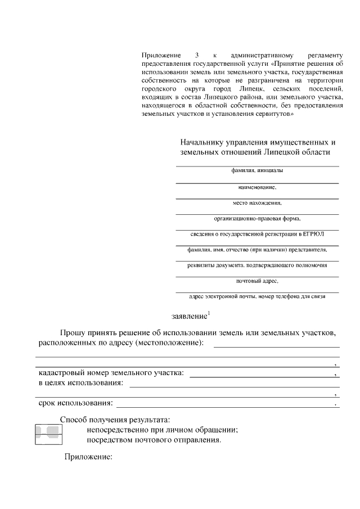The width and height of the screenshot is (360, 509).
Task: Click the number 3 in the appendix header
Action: [x=197, y=56]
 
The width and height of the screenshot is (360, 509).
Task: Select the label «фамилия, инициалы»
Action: [x=257, y=170]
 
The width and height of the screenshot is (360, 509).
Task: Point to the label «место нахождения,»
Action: [x=257, y=202]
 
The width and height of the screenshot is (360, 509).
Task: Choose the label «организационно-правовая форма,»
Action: [x=257, y=218]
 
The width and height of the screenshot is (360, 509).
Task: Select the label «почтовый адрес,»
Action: [x=257, y=280]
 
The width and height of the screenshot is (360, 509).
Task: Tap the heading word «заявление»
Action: [x=189, y=317]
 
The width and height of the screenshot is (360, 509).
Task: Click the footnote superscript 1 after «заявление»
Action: [x=209, y=313]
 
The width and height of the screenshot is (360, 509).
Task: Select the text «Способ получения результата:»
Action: [x=114, y=420]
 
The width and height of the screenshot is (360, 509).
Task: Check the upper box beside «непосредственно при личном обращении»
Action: [x=49, y=430]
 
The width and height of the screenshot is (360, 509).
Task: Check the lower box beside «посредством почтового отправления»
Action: [x=49, y=439]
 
